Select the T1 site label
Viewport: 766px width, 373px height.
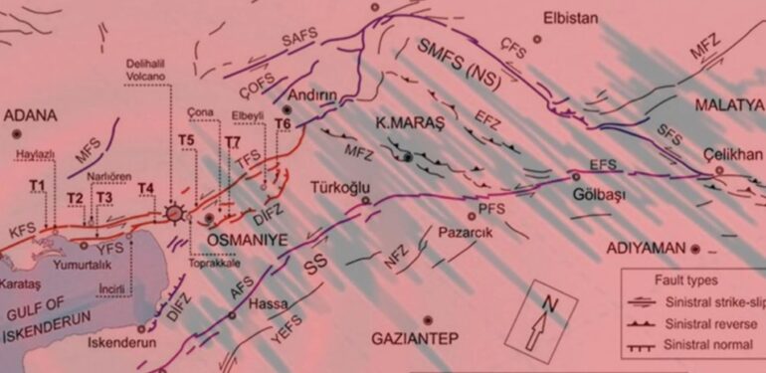pos(38,186)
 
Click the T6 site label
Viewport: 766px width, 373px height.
pos(284,123)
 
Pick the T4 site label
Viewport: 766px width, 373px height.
pos(146,188)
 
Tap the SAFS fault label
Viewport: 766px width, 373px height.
pos(298,40)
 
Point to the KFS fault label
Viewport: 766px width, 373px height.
pos(22,229)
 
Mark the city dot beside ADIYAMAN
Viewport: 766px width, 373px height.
pos(696,247)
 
